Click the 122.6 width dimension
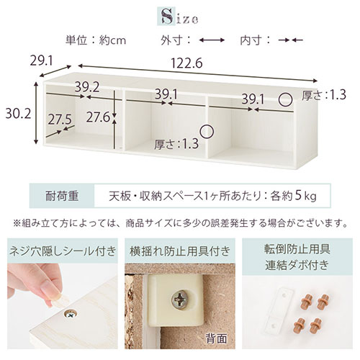tap(186, 63)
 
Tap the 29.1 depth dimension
tap(41, 61)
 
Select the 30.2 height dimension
tap(18, 114)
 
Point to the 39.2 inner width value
tap(87, 87)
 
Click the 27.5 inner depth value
tap(60, 120)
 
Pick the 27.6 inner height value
tap(98, 117)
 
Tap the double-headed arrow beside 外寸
tap(212, 40)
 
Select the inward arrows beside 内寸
tap(291, 40)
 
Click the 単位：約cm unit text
tap(96, 40)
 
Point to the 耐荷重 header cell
tap(62, 196)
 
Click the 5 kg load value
tap(305, 196)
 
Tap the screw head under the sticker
tap(71, 314)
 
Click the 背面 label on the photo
tap(216, 338)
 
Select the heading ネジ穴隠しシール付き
tap(63, 251)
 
